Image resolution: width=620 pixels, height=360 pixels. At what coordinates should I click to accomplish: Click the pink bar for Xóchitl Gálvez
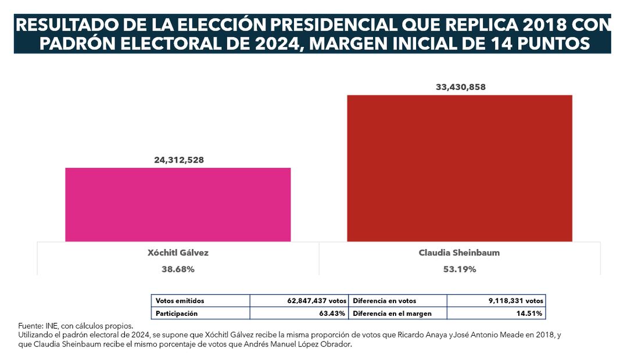point(178,204)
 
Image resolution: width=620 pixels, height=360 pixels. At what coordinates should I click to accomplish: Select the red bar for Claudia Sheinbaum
point(459,168)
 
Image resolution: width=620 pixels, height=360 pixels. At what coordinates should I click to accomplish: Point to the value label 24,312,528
point(178,160)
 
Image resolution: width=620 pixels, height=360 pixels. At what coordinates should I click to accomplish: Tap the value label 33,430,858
point(460,87)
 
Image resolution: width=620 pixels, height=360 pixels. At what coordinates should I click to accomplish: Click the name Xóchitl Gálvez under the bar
point(178,253)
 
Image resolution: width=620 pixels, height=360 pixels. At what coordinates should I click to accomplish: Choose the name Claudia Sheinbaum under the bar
point(460,253)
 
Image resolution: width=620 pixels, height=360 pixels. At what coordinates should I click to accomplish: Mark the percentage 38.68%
point(178,269)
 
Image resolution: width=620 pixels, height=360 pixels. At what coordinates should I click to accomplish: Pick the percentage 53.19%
point(460,269)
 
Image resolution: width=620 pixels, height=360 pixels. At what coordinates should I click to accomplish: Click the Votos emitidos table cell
point(200,301)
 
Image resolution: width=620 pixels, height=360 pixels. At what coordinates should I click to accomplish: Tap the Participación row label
point(200,313)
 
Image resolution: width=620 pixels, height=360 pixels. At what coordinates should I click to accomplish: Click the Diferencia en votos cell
point(397,301)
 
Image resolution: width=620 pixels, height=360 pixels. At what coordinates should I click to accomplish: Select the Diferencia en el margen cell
point(397,313)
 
